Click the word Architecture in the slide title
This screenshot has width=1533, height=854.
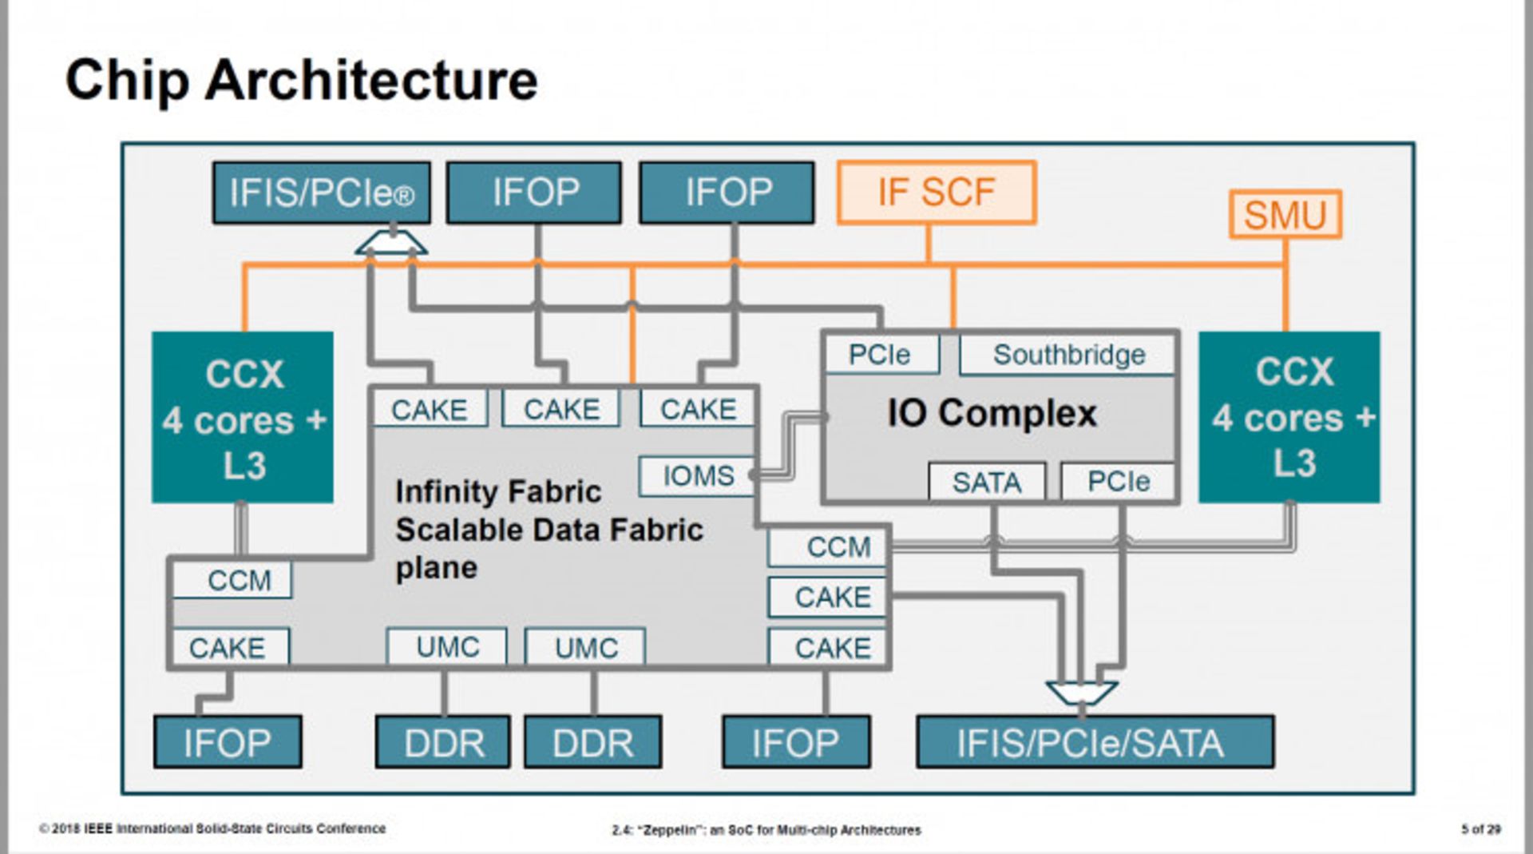point(371,81)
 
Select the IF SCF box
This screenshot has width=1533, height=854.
point(936,193)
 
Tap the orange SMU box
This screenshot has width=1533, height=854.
point(1285,214)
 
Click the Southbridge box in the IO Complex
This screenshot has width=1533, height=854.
point(1068,355)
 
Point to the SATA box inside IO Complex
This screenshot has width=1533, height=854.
point(986,482)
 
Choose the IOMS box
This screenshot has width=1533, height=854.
point(697,475)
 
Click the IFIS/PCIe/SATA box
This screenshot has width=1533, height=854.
point(1095,742)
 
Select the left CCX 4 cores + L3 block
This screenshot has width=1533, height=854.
point(243,418)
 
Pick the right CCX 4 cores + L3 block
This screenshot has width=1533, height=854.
point(1289,417)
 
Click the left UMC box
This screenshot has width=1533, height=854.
point(447,646)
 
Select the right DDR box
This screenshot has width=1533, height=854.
point(592,742)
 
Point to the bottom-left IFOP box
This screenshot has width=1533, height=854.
point(228,742)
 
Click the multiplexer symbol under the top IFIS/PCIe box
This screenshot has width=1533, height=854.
point(391,243)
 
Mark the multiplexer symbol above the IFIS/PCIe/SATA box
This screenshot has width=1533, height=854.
point(1081,692)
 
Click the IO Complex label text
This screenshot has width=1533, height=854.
point(992,414)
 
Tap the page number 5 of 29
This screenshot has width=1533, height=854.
point(1480,829)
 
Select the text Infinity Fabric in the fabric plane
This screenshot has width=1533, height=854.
point(498,491)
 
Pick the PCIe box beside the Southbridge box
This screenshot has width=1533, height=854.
point(880,355)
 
